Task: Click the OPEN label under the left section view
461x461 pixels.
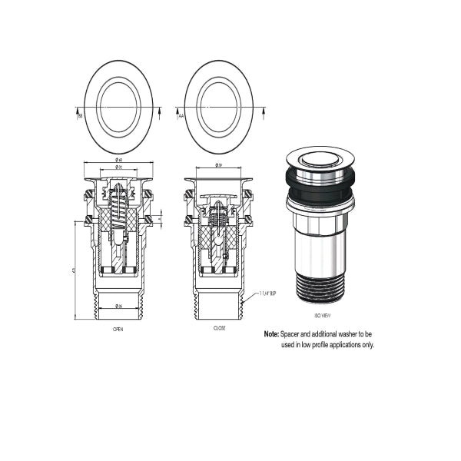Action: point(118,328)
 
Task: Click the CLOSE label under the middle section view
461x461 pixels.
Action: point(219,328)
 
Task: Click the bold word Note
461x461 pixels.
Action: point(270,334)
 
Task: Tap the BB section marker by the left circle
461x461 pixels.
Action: point(79,116)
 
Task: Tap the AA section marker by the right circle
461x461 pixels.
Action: point(181,116)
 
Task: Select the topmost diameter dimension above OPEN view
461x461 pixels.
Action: point(119,160)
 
